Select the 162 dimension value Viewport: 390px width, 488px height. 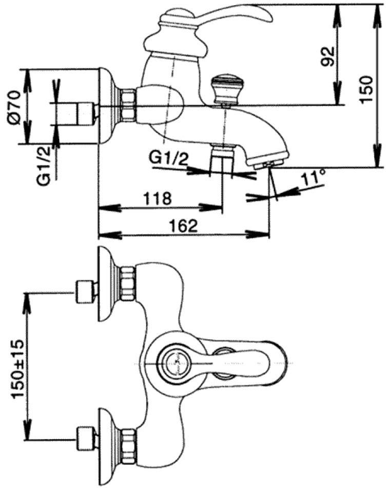[x=184, y=226]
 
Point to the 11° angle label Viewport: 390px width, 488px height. [x=313, y=178]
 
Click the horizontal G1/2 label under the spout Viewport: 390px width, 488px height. [x=169, y=159]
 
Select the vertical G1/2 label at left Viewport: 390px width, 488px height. [x=45, y=166]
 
